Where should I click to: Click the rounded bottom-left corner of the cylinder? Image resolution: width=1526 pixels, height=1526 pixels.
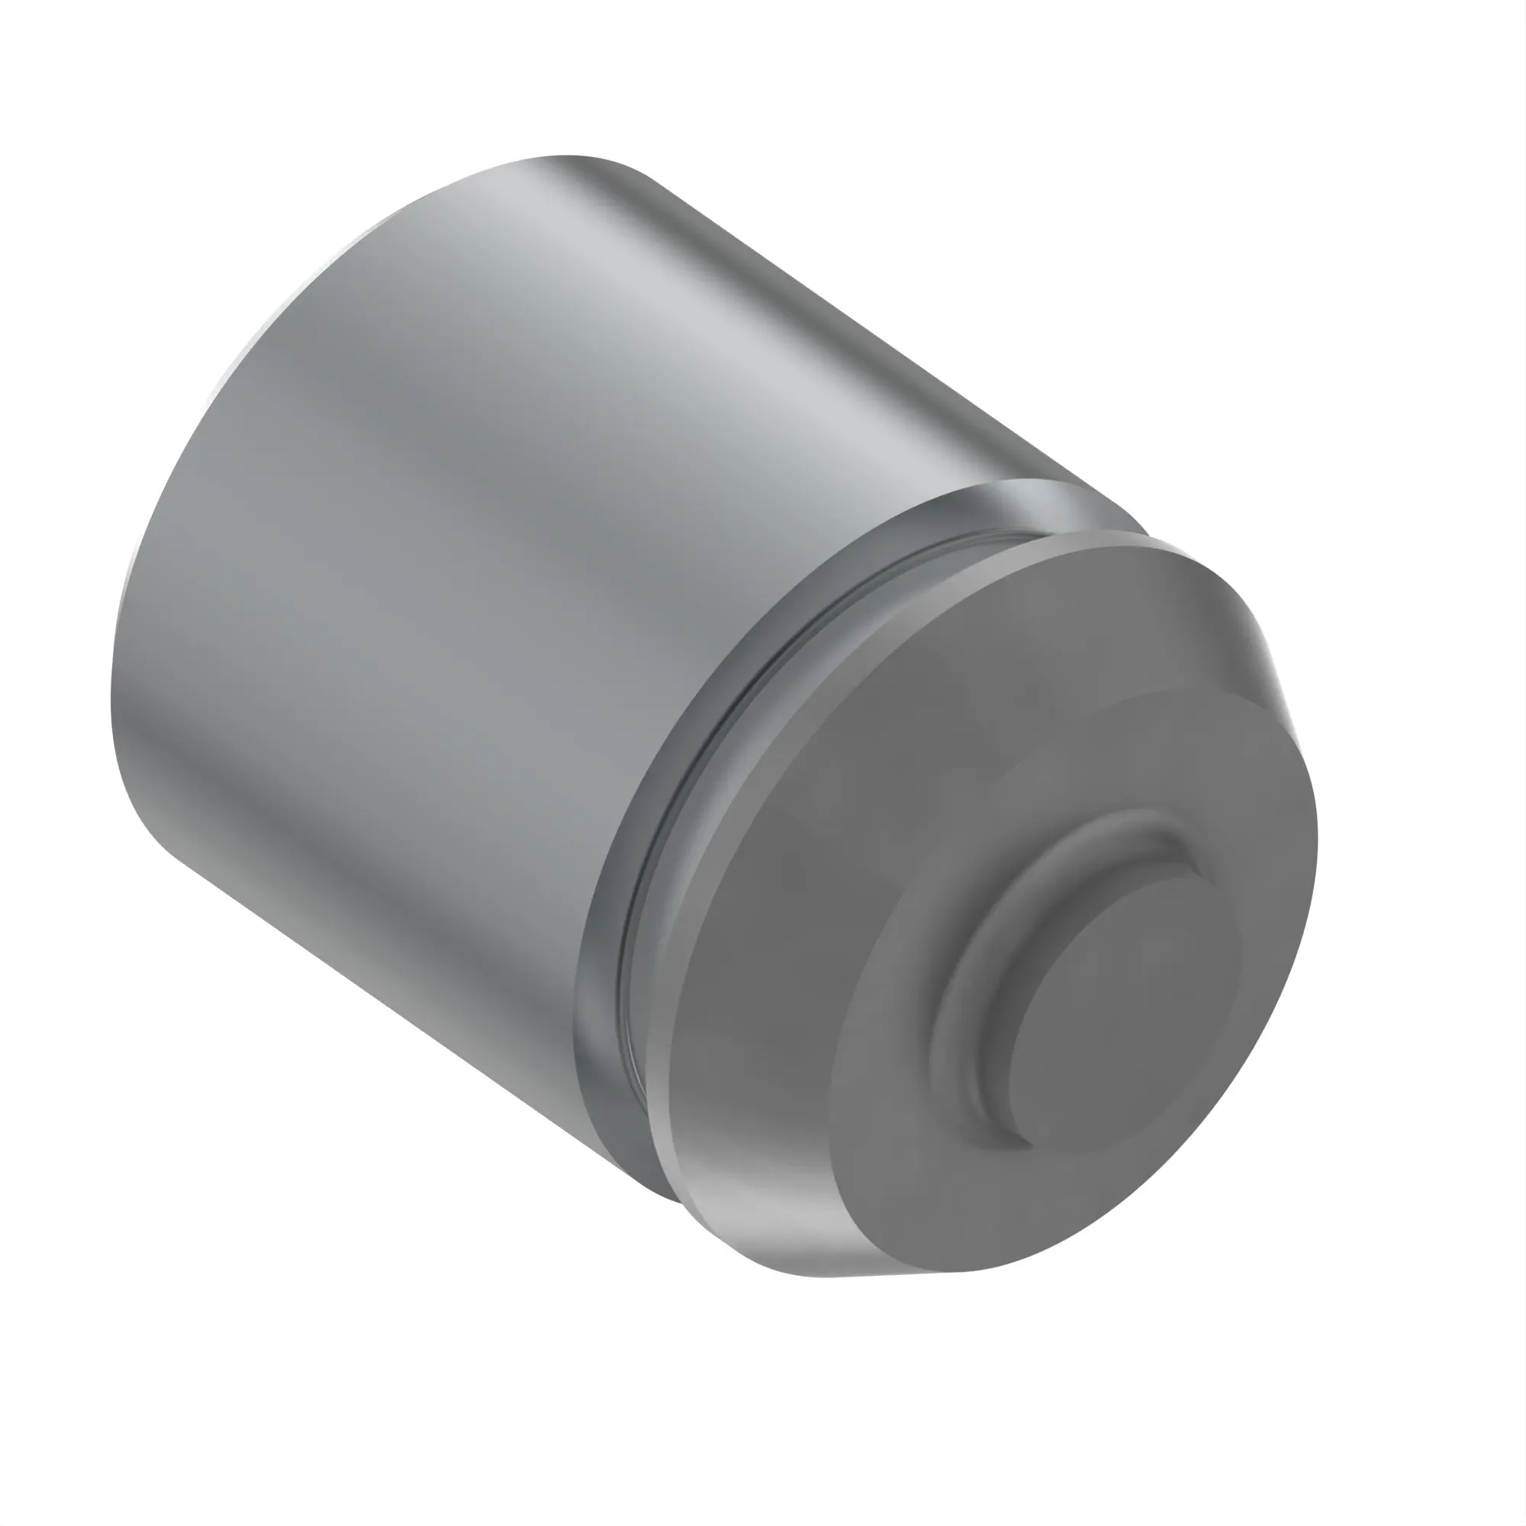(150, 829)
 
